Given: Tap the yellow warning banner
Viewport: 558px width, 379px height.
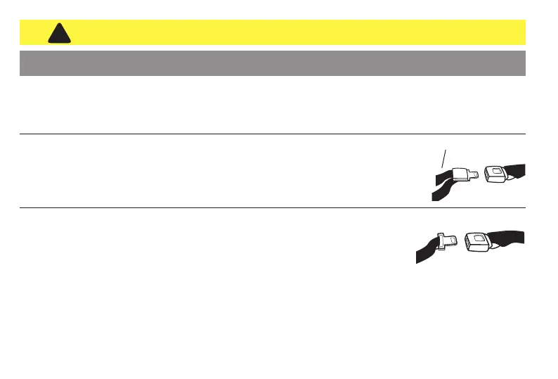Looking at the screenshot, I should coord(281,32).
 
